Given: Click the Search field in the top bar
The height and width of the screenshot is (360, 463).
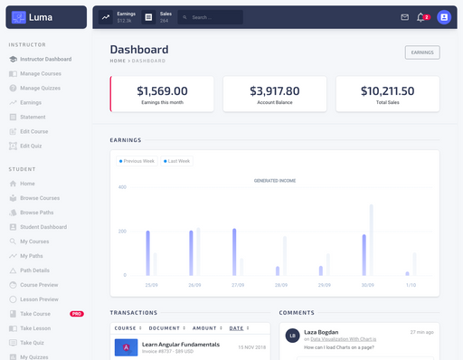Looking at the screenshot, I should [213, 17].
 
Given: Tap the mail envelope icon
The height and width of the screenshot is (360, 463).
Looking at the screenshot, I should [404, 17].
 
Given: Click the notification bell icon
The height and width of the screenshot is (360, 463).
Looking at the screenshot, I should [420, 17].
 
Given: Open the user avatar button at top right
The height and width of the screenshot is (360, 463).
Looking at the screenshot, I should [444, 17].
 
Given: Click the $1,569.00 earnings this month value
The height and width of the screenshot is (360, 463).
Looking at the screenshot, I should [162, 90].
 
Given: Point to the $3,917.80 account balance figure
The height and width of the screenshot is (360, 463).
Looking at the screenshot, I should [275, 90].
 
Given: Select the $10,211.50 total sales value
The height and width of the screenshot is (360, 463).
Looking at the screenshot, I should [387, 90].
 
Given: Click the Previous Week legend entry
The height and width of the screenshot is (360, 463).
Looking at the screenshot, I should [138, 161].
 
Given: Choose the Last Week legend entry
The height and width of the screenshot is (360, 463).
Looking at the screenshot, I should [178, 161].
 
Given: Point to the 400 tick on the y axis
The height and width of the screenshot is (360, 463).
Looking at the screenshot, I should [122, 186].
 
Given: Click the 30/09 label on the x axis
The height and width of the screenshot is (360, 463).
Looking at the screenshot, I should [367, 285].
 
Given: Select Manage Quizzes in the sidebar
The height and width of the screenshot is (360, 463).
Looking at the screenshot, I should [40, 88].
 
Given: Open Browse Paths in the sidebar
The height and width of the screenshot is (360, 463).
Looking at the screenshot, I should [37, 213].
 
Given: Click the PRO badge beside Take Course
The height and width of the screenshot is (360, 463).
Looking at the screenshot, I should [77, 313].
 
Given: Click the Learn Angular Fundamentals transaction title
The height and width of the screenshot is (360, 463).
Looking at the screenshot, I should [181, 345].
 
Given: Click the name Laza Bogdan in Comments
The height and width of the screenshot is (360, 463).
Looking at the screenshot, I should [321, 332].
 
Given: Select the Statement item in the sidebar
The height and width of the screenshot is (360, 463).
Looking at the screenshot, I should [33, 117].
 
